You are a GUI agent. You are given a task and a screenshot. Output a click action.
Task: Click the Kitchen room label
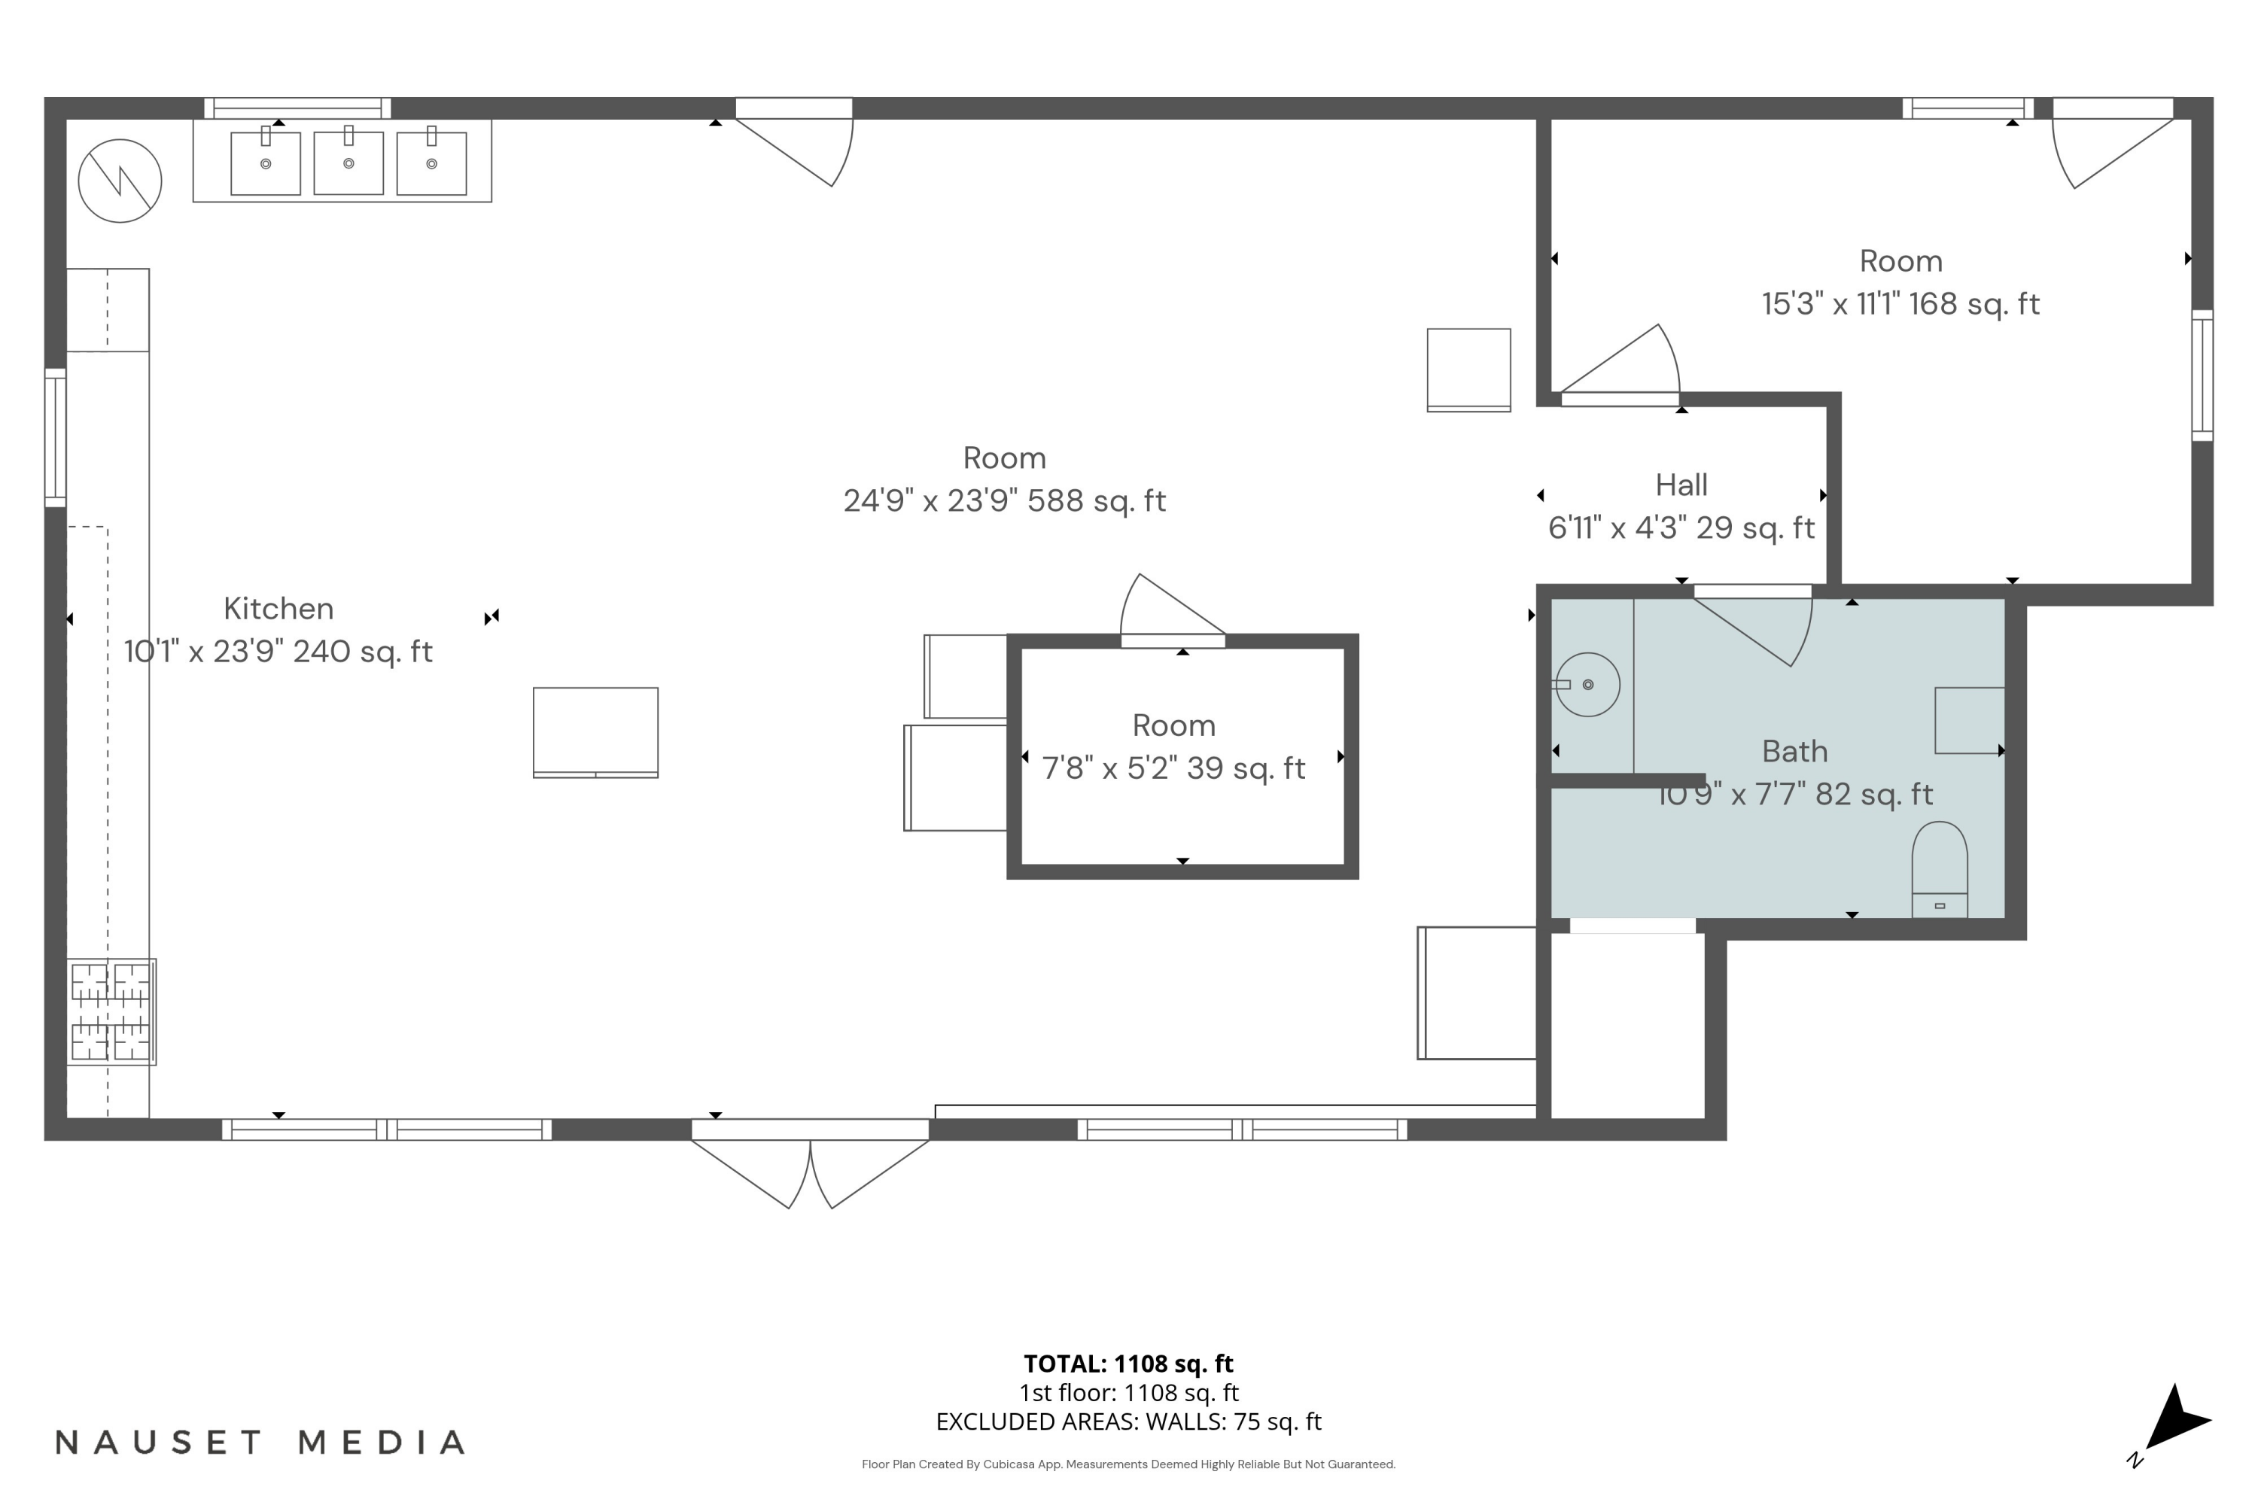(x=278, y=609)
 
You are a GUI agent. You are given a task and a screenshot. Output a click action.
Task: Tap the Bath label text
(x=1794, y=752)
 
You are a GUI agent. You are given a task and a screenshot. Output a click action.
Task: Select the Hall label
(x=1681, y=485)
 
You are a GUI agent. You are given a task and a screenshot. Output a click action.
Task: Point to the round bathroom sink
(x=1588, y=684)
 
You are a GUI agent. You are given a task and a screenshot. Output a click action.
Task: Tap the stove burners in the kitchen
(x=111, y=1011)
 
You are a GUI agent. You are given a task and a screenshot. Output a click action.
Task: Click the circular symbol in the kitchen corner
(x=120, y=181)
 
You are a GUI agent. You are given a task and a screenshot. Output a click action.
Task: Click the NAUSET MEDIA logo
(x=260, y=1443)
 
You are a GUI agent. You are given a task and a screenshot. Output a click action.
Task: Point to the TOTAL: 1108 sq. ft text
(x=1128, y=1364)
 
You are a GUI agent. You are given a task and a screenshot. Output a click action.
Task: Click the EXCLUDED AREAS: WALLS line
(x=1128, y=1421)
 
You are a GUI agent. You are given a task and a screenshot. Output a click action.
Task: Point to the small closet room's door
(x=1172, y=610)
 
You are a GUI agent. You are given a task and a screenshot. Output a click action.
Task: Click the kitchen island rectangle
(x=595, y=732)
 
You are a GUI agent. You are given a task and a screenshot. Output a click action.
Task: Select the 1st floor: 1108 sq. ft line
(x=1128, y=1393)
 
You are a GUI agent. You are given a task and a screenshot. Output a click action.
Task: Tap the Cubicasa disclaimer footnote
(x=1128, y=1464)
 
